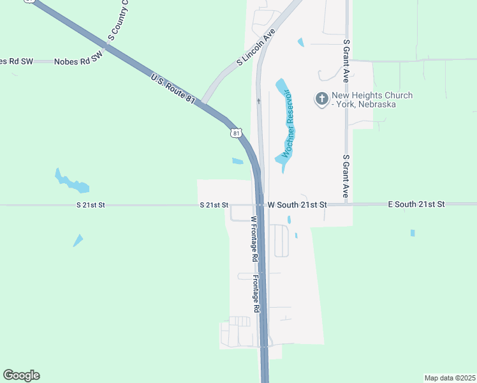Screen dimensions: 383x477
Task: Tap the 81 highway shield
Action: [x=237, y=133]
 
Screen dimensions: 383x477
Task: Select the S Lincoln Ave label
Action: [x=256, y=47]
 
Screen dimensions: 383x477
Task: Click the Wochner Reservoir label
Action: [x=291, y=124]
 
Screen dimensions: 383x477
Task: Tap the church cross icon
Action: [x=322, y=99]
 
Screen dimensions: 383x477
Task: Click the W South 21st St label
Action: [x=297, y=205]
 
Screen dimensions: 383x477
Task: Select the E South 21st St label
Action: [x=416, y=204]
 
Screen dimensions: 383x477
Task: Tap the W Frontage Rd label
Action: [x=254, y=239]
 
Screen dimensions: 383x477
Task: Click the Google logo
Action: [x=21, y=375]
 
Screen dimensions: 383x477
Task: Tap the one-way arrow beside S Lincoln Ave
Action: [x=259, y=100]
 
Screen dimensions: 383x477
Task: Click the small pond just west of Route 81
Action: [x=237, y=161]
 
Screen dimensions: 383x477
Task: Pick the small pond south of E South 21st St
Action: [x=413, y=233]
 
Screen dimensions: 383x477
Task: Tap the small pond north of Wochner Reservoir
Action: [x=300, y=43]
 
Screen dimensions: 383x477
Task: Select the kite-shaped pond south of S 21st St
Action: [x=78, y=240]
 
